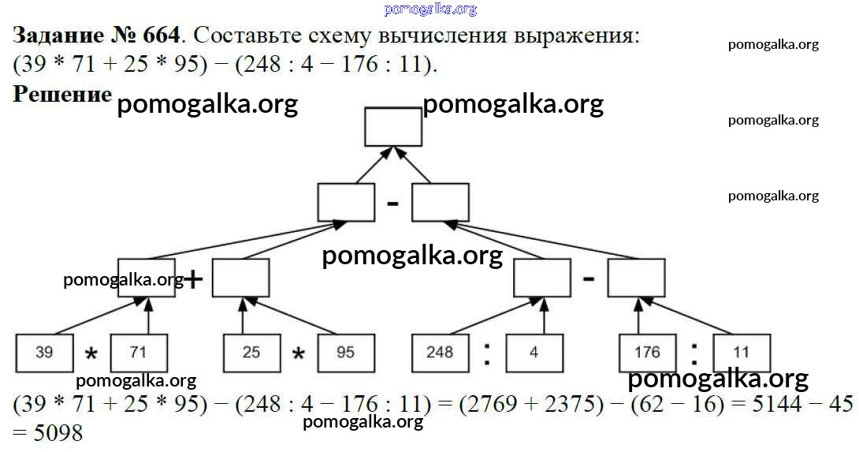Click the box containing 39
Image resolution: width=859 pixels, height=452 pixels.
(x=45, y=352)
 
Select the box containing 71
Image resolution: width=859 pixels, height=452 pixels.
(x=139, y=352)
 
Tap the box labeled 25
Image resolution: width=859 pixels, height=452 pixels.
(x=251, y=352)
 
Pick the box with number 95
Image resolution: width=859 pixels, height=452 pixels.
(x=346, y=352)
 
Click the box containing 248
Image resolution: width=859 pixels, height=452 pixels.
(x=440, y=352)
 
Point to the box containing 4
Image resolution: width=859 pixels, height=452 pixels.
(x=534, y=352)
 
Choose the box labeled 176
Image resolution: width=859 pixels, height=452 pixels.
(x=647, y=352)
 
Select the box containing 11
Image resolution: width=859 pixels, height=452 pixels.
(x=742, y=352)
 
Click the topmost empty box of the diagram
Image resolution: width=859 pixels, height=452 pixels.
(x=393, y=127)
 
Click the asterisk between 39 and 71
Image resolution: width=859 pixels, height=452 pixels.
(x=91, y=355)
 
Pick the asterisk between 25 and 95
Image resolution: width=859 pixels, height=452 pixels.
(x=298, y=355)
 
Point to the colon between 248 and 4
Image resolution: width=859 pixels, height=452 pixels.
(x=487, y=353)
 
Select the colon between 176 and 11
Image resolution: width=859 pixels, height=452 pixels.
(x=694, y=353)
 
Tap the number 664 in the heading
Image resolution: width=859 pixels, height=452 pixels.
(x=162, y=35)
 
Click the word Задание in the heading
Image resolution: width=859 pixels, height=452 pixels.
(x=58, y=35)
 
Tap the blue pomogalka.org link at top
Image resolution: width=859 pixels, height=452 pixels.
(x=430, y=9)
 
